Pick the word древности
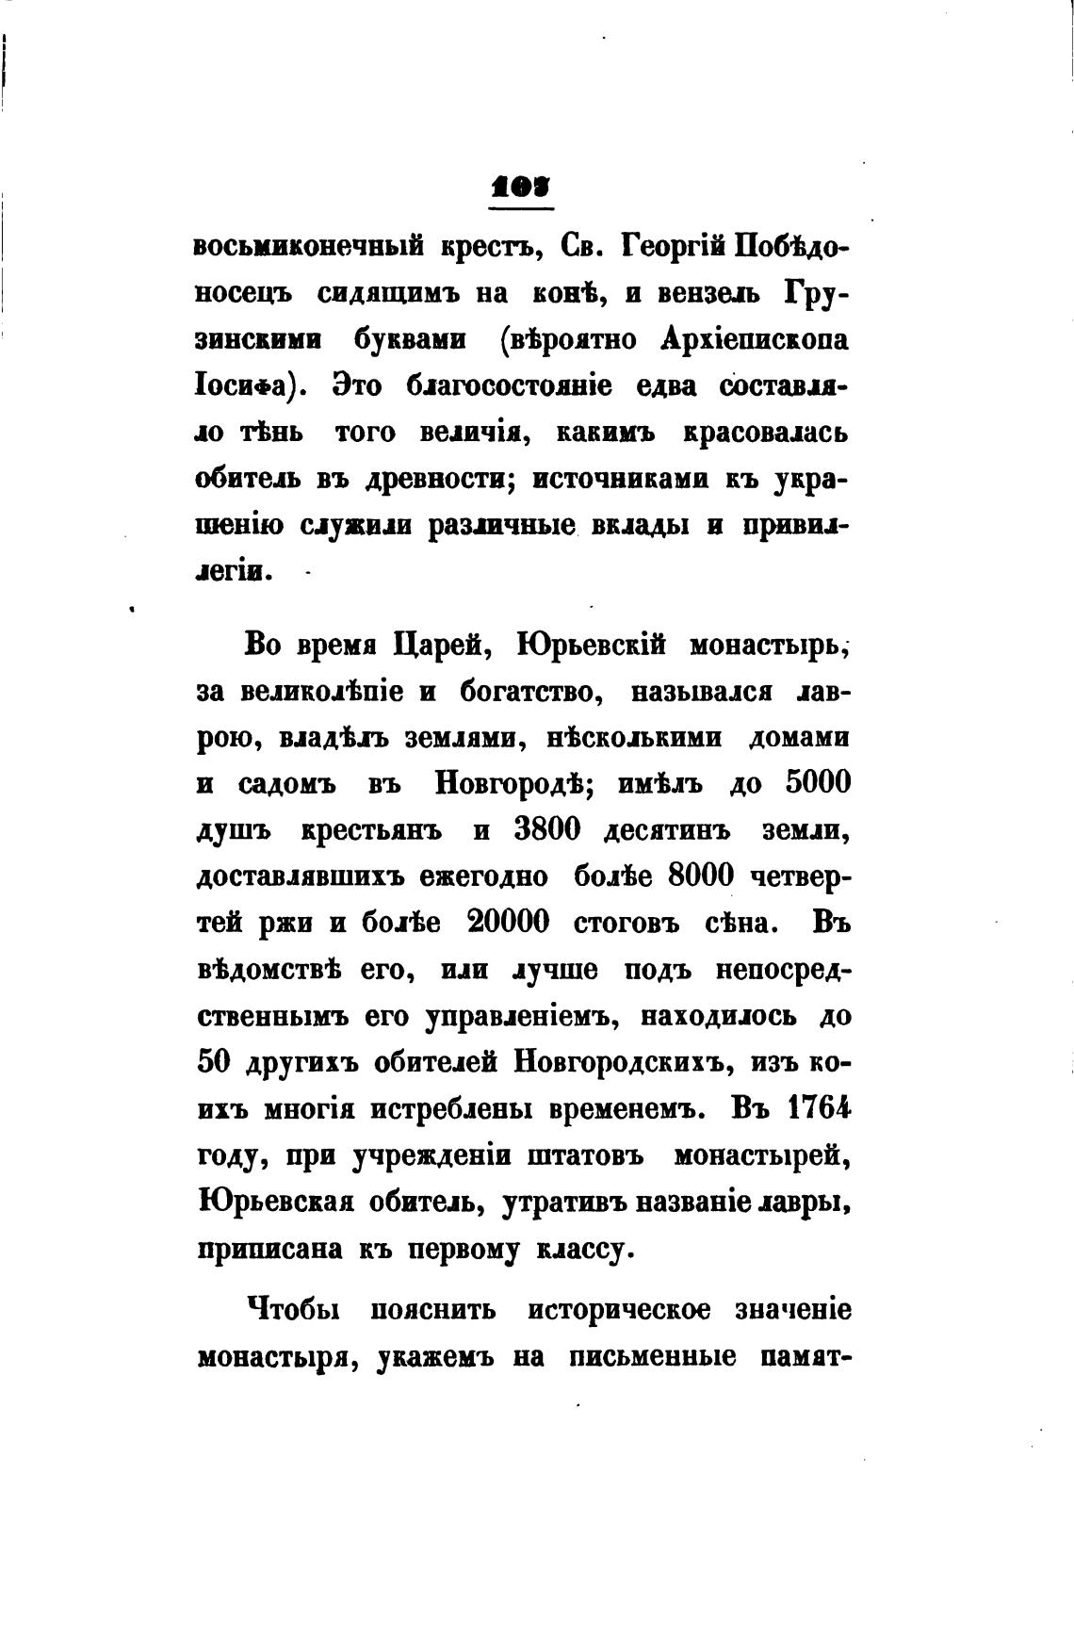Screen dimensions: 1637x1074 438,479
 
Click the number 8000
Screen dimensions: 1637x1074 700,876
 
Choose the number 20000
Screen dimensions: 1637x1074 508,923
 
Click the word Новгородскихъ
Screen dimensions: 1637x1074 624,1061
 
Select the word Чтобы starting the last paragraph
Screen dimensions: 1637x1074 293,1310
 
